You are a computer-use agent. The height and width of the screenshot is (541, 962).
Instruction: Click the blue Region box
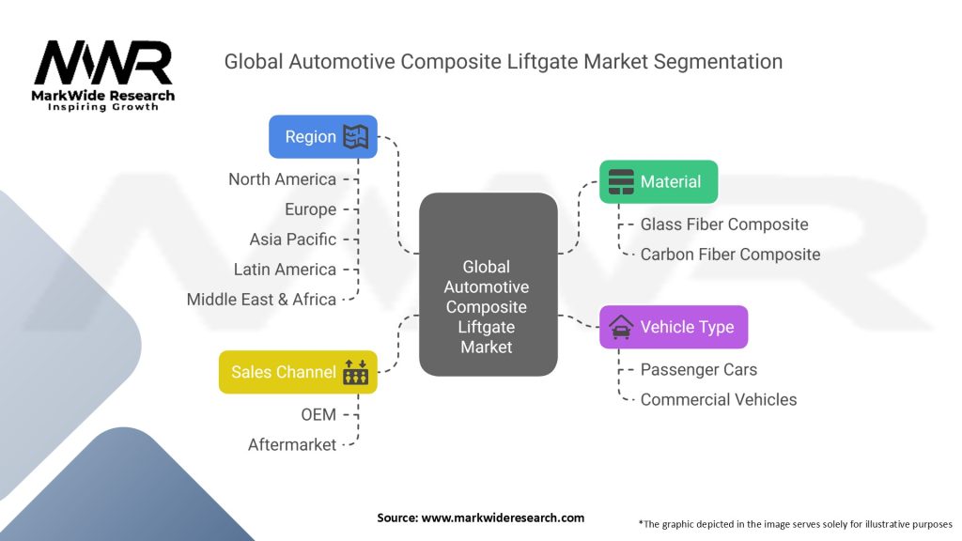click(x=322, y=136)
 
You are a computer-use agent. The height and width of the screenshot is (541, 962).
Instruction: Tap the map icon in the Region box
click(x=355, y=137)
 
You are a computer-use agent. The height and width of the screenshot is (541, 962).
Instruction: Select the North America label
click(x=282, y=179)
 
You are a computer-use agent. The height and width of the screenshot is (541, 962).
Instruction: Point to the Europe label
click(x=310, y=209)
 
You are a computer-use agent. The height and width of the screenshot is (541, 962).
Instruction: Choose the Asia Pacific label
click(x=292, y=240)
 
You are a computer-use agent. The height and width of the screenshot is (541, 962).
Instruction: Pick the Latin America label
click(x=285, y=270)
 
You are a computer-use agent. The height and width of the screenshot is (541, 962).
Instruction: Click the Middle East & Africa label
click(x=261, y=300)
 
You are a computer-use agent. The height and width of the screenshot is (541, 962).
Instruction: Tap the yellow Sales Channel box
click(x=298, y=372)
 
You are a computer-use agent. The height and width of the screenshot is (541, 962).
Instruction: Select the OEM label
click(x=319, y=414)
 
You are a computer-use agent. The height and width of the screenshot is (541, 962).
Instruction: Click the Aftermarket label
click(x=291, y=444)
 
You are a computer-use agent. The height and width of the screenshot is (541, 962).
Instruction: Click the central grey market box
click(x=487, y=284)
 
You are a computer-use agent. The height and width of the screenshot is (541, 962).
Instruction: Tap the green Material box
click(x=659, y=182)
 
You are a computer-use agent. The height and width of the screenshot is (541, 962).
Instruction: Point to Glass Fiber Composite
click(x=723, y=224)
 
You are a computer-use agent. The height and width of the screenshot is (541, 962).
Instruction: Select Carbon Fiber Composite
click(x=730, y=255)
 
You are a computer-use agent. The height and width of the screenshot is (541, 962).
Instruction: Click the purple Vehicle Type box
click(x=674, y=327)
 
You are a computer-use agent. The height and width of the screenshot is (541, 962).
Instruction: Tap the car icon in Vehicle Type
click(x=621, y=328)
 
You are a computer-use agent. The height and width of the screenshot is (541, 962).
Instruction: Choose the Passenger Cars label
click(x=698, y=369)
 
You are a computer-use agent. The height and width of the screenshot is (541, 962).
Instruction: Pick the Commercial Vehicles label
click(x=718, y=399)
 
